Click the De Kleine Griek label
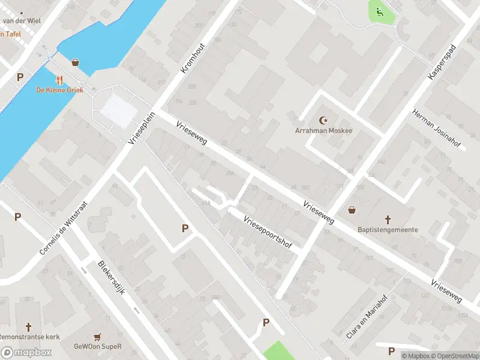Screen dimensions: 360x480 [59, 90]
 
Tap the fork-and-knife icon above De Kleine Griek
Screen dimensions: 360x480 [59, 79]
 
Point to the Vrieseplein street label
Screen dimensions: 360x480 [142, 128]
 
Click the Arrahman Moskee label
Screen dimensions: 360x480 [323, 130]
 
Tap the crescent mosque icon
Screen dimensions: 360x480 [325, 120]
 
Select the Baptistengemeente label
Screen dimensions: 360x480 [388, 230]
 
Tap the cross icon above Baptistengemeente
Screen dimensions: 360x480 [388, 220]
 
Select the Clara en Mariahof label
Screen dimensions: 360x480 [368, 317]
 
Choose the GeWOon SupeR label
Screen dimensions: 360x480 [98, 346]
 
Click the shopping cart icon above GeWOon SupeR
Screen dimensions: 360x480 [98, 337]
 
